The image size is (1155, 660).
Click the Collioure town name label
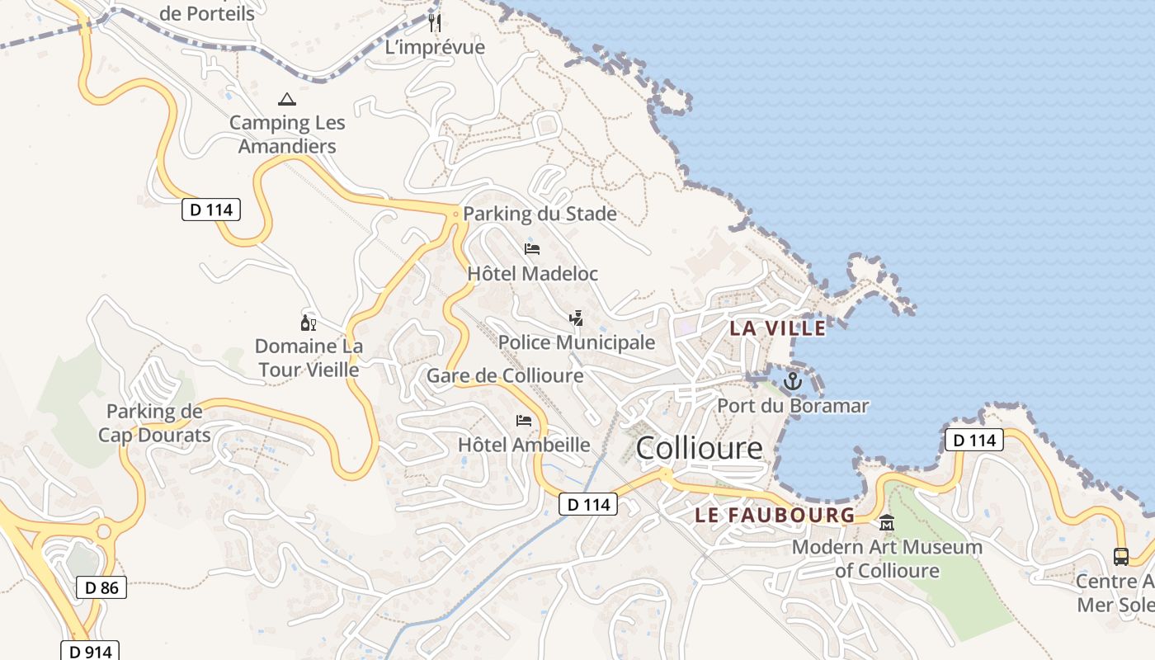pos(700,448)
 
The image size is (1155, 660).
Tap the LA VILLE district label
pos(777,328)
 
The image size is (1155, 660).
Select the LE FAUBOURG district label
pos(775,516)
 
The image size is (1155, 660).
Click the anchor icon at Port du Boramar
pos(792,381)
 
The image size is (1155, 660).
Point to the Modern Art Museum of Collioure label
pos(887,559)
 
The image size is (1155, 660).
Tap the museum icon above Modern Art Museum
pos(887,522)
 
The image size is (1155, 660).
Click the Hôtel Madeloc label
pos(532,273)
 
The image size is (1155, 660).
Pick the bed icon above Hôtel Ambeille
pos(524,421)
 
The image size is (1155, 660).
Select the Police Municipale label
pos(577,342)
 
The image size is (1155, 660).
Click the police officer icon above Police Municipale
pos(576,318)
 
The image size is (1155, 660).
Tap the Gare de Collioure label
pos(505,376)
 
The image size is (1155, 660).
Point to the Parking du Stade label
pos(540,214)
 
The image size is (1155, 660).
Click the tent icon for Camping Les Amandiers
pos(286,100)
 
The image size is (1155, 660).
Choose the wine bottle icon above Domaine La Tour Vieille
pos(309,323)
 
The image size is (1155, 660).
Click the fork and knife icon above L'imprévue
pos(435,22)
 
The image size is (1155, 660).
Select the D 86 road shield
pos(101,587)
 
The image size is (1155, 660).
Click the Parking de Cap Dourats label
pos(154,423)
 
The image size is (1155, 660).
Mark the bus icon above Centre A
pos(1120,557)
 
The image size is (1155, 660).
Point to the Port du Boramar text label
pos(793,406)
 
